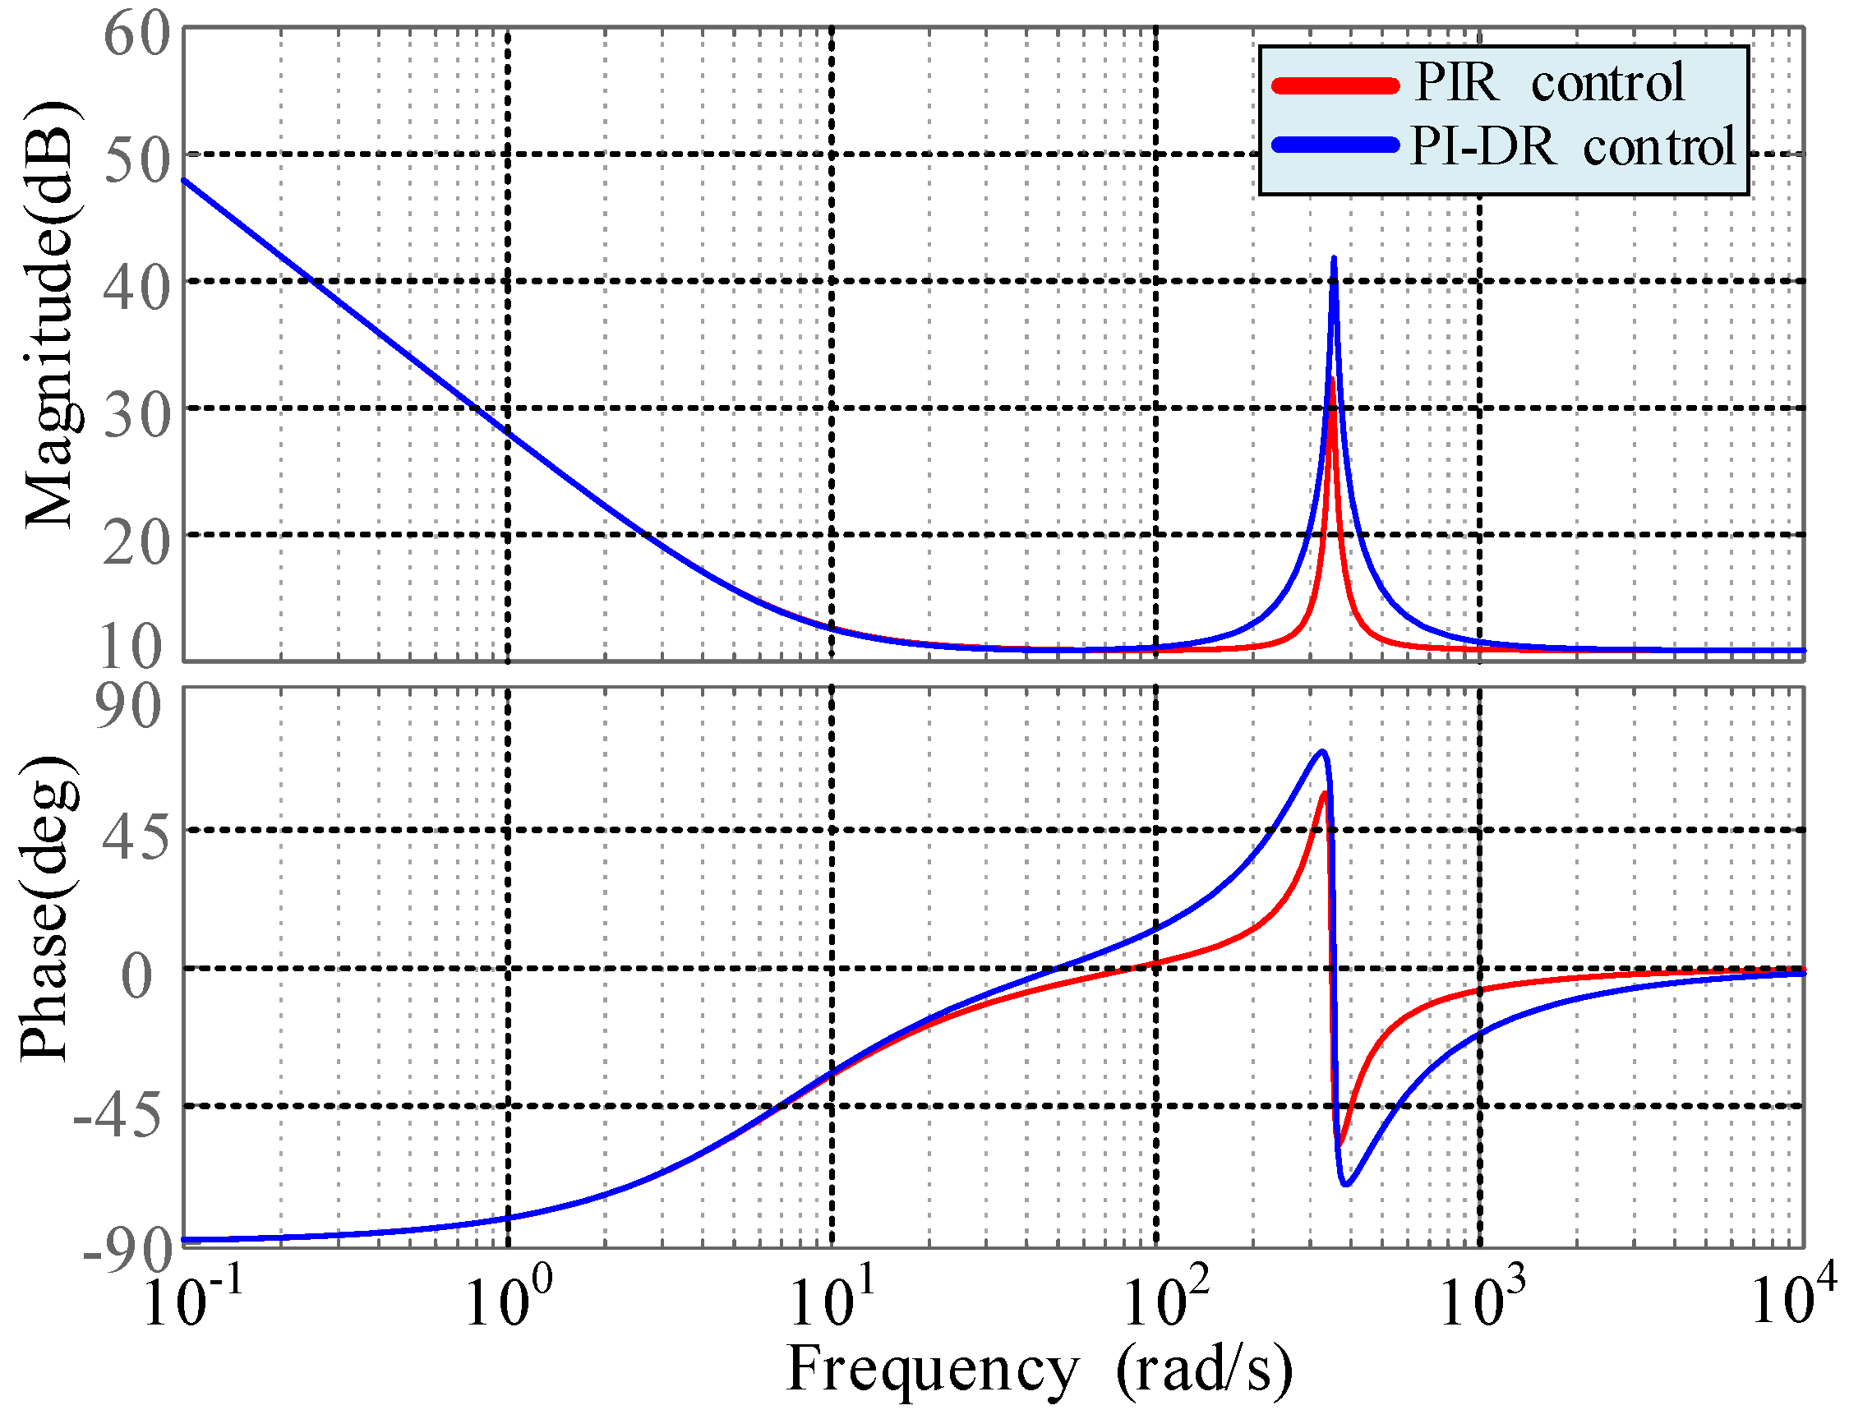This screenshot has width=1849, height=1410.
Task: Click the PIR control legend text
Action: tap(1548, 83)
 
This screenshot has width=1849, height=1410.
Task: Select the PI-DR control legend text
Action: tap(1572, 147)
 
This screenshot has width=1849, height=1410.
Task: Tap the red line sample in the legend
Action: tap(1335, 85)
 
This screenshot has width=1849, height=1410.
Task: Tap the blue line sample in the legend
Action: tap(1335, 145)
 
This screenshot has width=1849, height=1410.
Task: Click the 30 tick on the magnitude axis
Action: tap(136, 415)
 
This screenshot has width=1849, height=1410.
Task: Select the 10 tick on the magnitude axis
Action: tap(131, 645)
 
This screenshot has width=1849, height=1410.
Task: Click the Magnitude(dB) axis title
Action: tap(50, 315)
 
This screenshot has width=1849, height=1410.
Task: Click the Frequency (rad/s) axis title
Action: tap(1040, 1368)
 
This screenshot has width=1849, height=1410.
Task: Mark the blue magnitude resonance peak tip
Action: tap(1334, 259)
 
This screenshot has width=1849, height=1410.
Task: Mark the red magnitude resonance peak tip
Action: tap(1331, 380)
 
